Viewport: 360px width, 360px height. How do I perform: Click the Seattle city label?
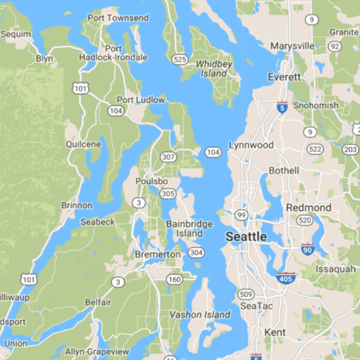(245, 236)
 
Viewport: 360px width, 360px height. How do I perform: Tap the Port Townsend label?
(118, 18)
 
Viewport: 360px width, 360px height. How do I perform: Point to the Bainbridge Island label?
(189, 228)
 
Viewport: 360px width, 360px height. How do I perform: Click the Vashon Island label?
(200, 315)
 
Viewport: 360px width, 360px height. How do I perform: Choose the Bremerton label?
(157, 254)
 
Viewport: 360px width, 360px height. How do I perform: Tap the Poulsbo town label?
(153, 181)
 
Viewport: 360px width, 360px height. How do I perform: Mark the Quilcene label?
(83, 144)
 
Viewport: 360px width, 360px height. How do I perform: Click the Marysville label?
(293, 46)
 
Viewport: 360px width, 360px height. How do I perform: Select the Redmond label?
(308, 207)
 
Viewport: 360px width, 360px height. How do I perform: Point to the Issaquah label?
(334, 269)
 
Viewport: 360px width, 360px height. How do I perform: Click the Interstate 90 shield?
(307, 249)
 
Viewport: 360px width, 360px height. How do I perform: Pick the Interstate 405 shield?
(285, 278)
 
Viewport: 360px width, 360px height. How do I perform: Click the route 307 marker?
(168, 157)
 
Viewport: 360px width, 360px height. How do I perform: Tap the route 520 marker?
(304, 221)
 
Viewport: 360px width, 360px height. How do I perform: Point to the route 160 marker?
(173, 279)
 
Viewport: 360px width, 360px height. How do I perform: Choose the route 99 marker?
(242, 215)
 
